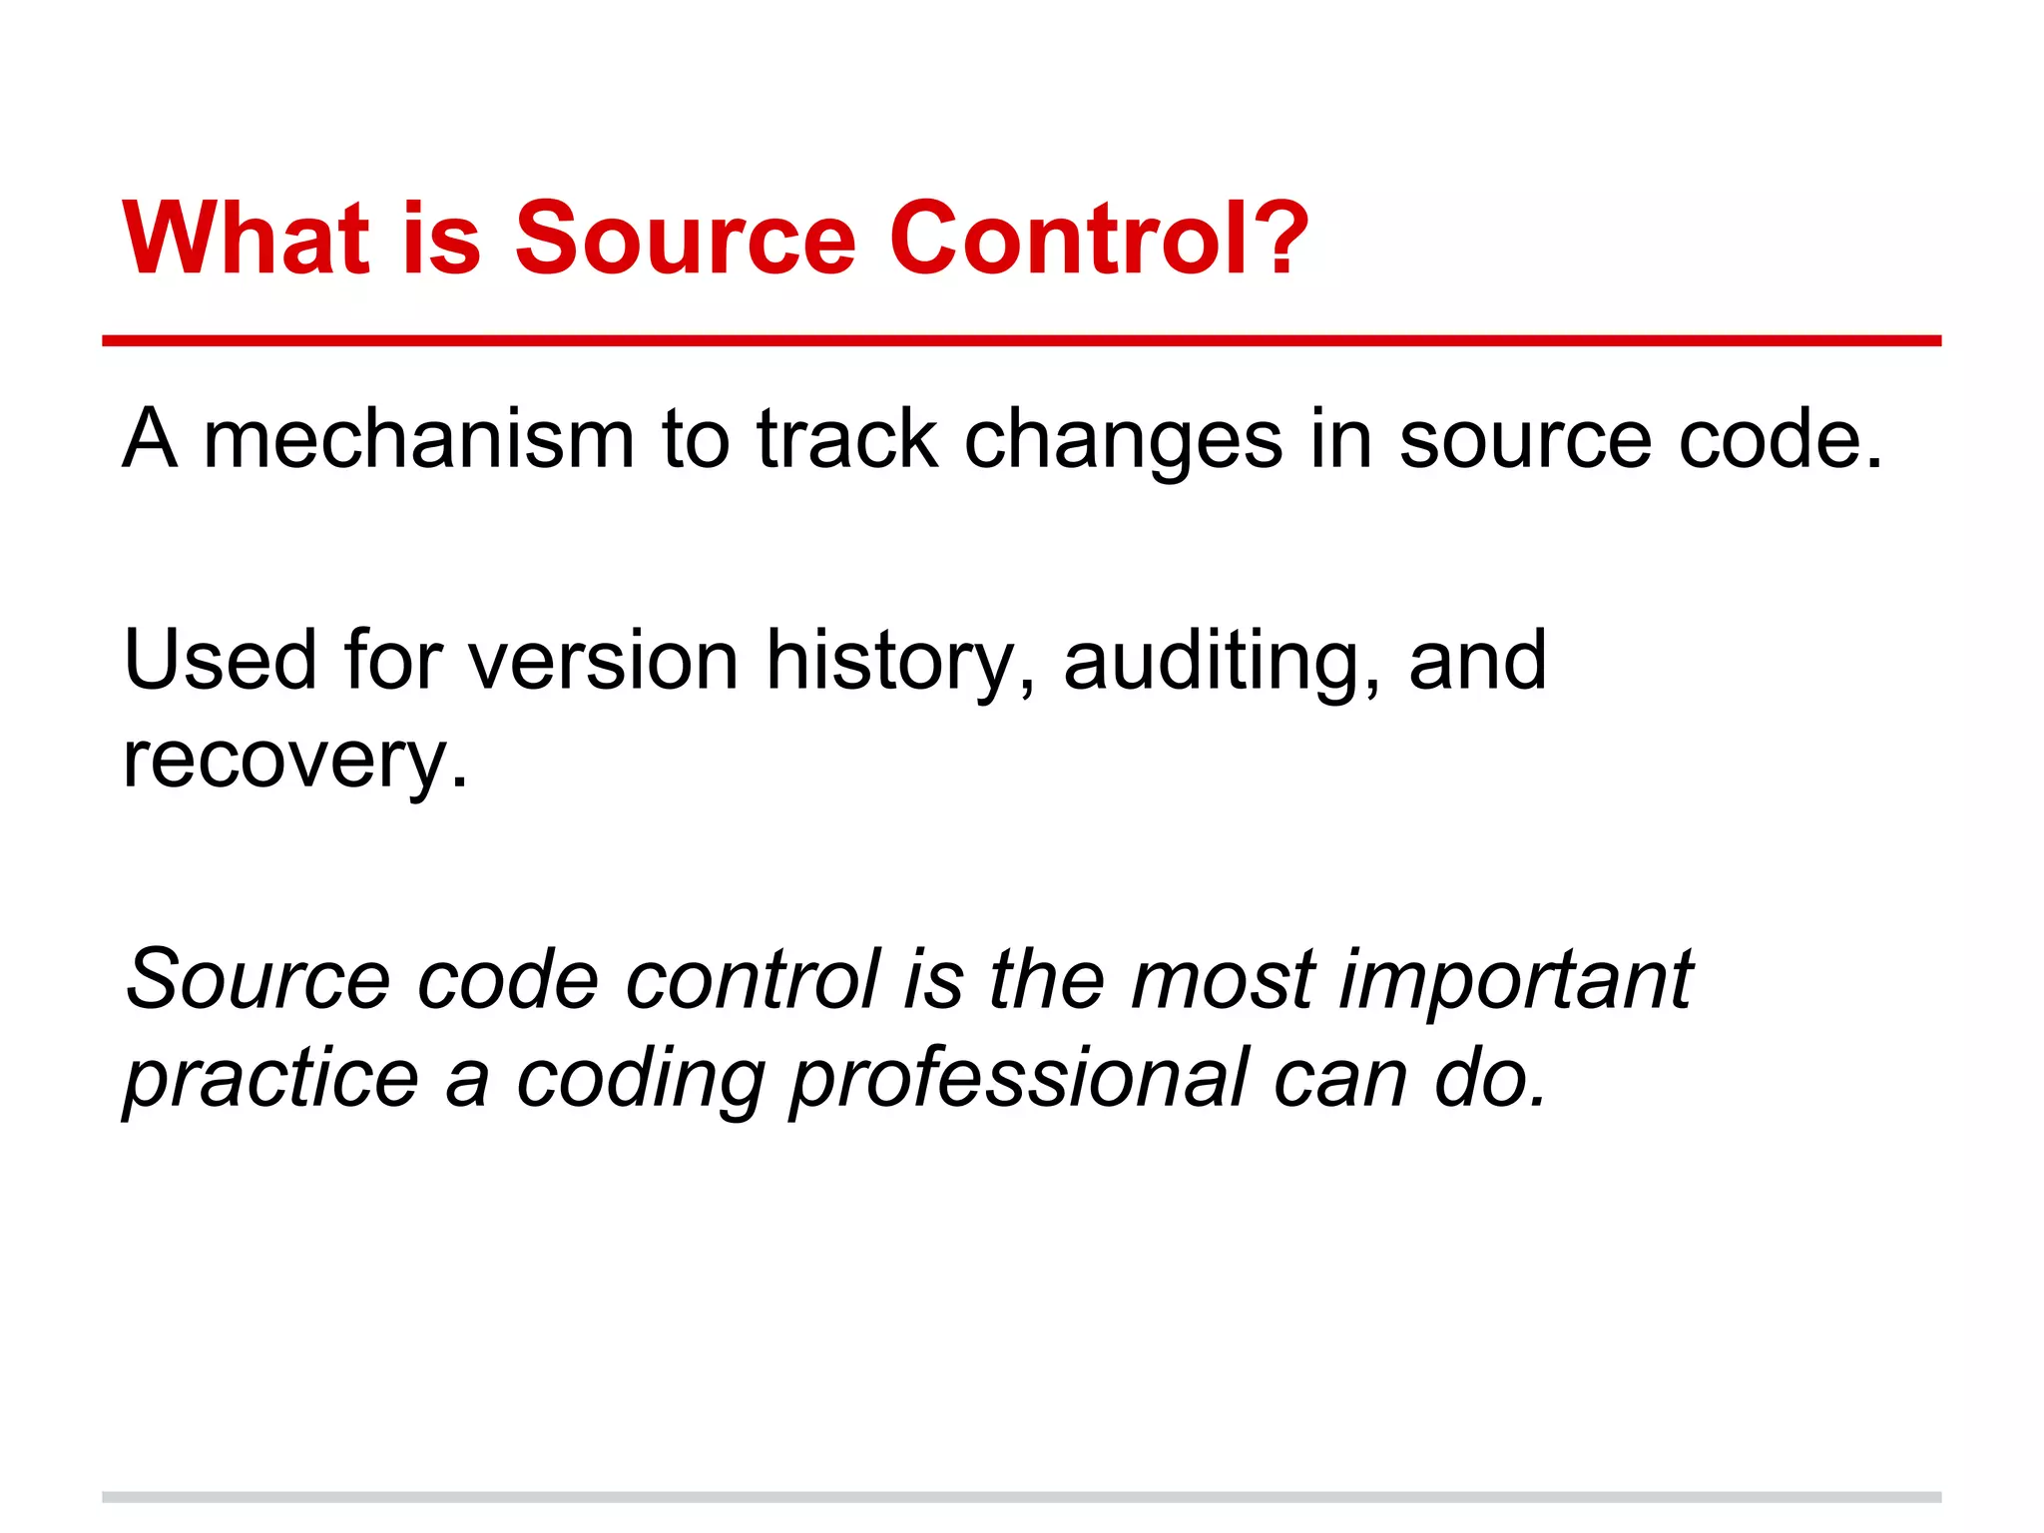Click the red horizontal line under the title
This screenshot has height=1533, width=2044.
click(x=1021, y=341)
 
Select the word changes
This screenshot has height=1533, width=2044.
click(x=1122, y=441)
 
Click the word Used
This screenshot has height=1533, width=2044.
click(x=220, y=660)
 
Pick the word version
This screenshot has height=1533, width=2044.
click(x=603, y=660)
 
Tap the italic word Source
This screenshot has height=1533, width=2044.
click(x=257, y=979)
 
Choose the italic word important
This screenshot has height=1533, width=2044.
click(x=1515, y=981)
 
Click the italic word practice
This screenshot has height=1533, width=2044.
click(x=270, y=1081)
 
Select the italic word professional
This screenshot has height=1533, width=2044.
click(x=1018, y=1081)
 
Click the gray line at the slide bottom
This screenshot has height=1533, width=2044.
click(x=1021, y=1497)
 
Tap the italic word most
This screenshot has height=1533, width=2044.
click(x=1222, y=979)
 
